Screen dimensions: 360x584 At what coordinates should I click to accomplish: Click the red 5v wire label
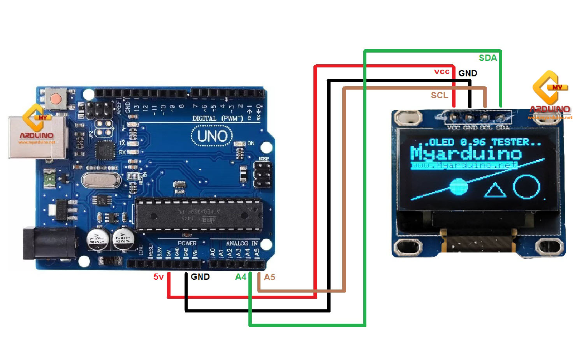[158, 277]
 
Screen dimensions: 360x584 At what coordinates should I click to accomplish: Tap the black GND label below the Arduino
[200, 277]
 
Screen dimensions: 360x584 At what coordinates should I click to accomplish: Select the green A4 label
[241, 277]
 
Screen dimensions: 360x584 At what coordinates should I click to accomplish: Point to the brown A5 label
[269, 277]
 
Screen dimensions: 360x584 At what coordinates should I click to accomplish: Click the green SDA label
[487, 58]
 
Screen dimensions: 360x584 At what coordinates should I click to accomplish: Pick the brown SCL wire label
[439, 95]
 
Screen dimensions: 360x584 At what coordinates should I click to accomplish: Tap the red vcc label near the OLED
[442, 72]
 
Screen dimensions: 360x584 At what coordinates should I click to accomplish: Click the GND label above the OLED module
[467, 73]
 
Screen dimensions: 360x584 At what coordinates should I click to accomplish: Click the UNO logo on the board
[212, 136]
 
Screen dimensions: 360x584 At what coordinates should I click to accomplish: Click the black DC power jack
[49, 243]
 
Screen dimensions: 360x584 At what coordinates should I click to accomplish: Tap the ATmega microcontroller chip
[199, 215]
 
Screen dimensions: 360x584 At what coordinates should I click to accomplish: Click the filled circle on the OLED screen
[458, 187]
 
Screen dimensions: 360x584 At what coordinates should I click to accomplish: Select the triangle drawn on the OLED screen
[495, 191]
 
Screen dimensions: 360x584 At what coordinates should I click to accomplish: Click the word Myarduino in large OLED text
[466, 154]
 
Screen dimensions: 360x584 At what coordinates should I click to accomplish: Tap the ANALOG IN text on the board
[242, 243]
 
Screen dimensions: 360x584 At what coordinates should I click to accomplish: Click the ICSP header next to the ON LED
[263, 174]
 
